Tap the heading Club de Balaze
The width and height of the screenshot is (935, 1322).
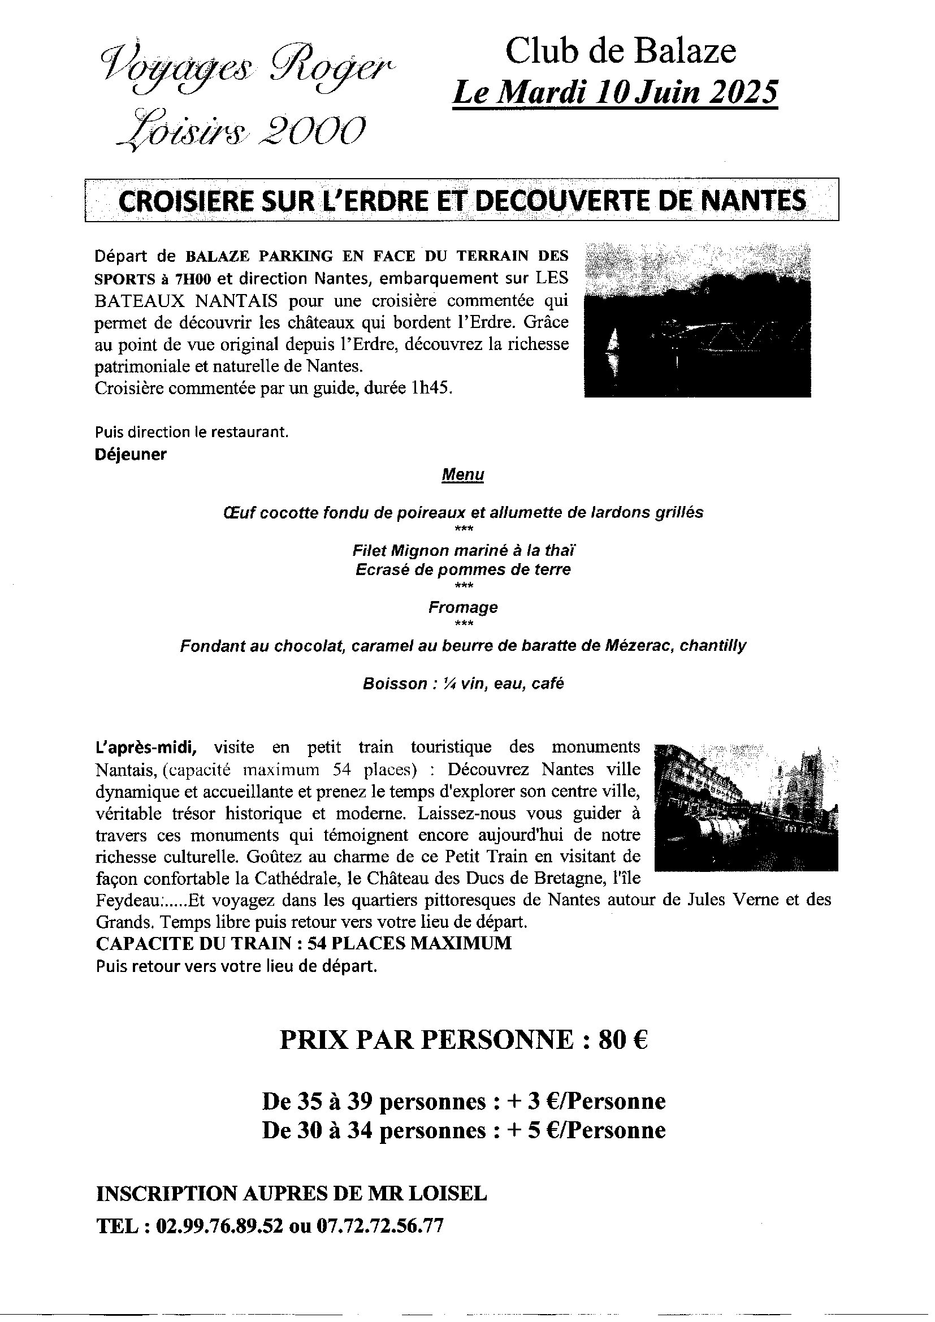[x=620, y=51]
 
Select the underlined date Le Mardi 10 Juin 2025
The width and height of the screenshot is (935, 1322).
[x=615, y=93]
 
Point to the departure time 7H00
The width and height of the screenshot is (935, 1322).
[x=196, y=279]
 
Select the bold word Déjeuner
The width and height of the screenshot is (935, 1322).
[x=131, y=454]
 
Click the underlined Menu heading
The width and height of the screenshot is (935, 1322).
[x=462, y=475]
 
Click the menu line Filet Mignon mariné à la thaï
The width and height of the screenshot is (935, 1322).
[x=464, y=550]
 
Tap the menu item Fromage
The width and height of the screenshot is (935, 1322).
[x=463, y=607]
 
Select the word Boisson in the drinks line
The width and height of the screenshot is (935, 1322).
[x=395, y=684]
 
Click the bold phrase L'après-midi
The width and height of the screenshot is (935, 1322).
[x=147, y=748]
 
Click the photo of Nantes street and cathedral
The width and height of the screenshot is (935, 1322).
[x=746, y=807]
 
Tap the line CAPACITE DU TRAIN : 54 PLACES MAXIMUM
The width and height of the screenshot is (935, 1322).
[x=304, y=943]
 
